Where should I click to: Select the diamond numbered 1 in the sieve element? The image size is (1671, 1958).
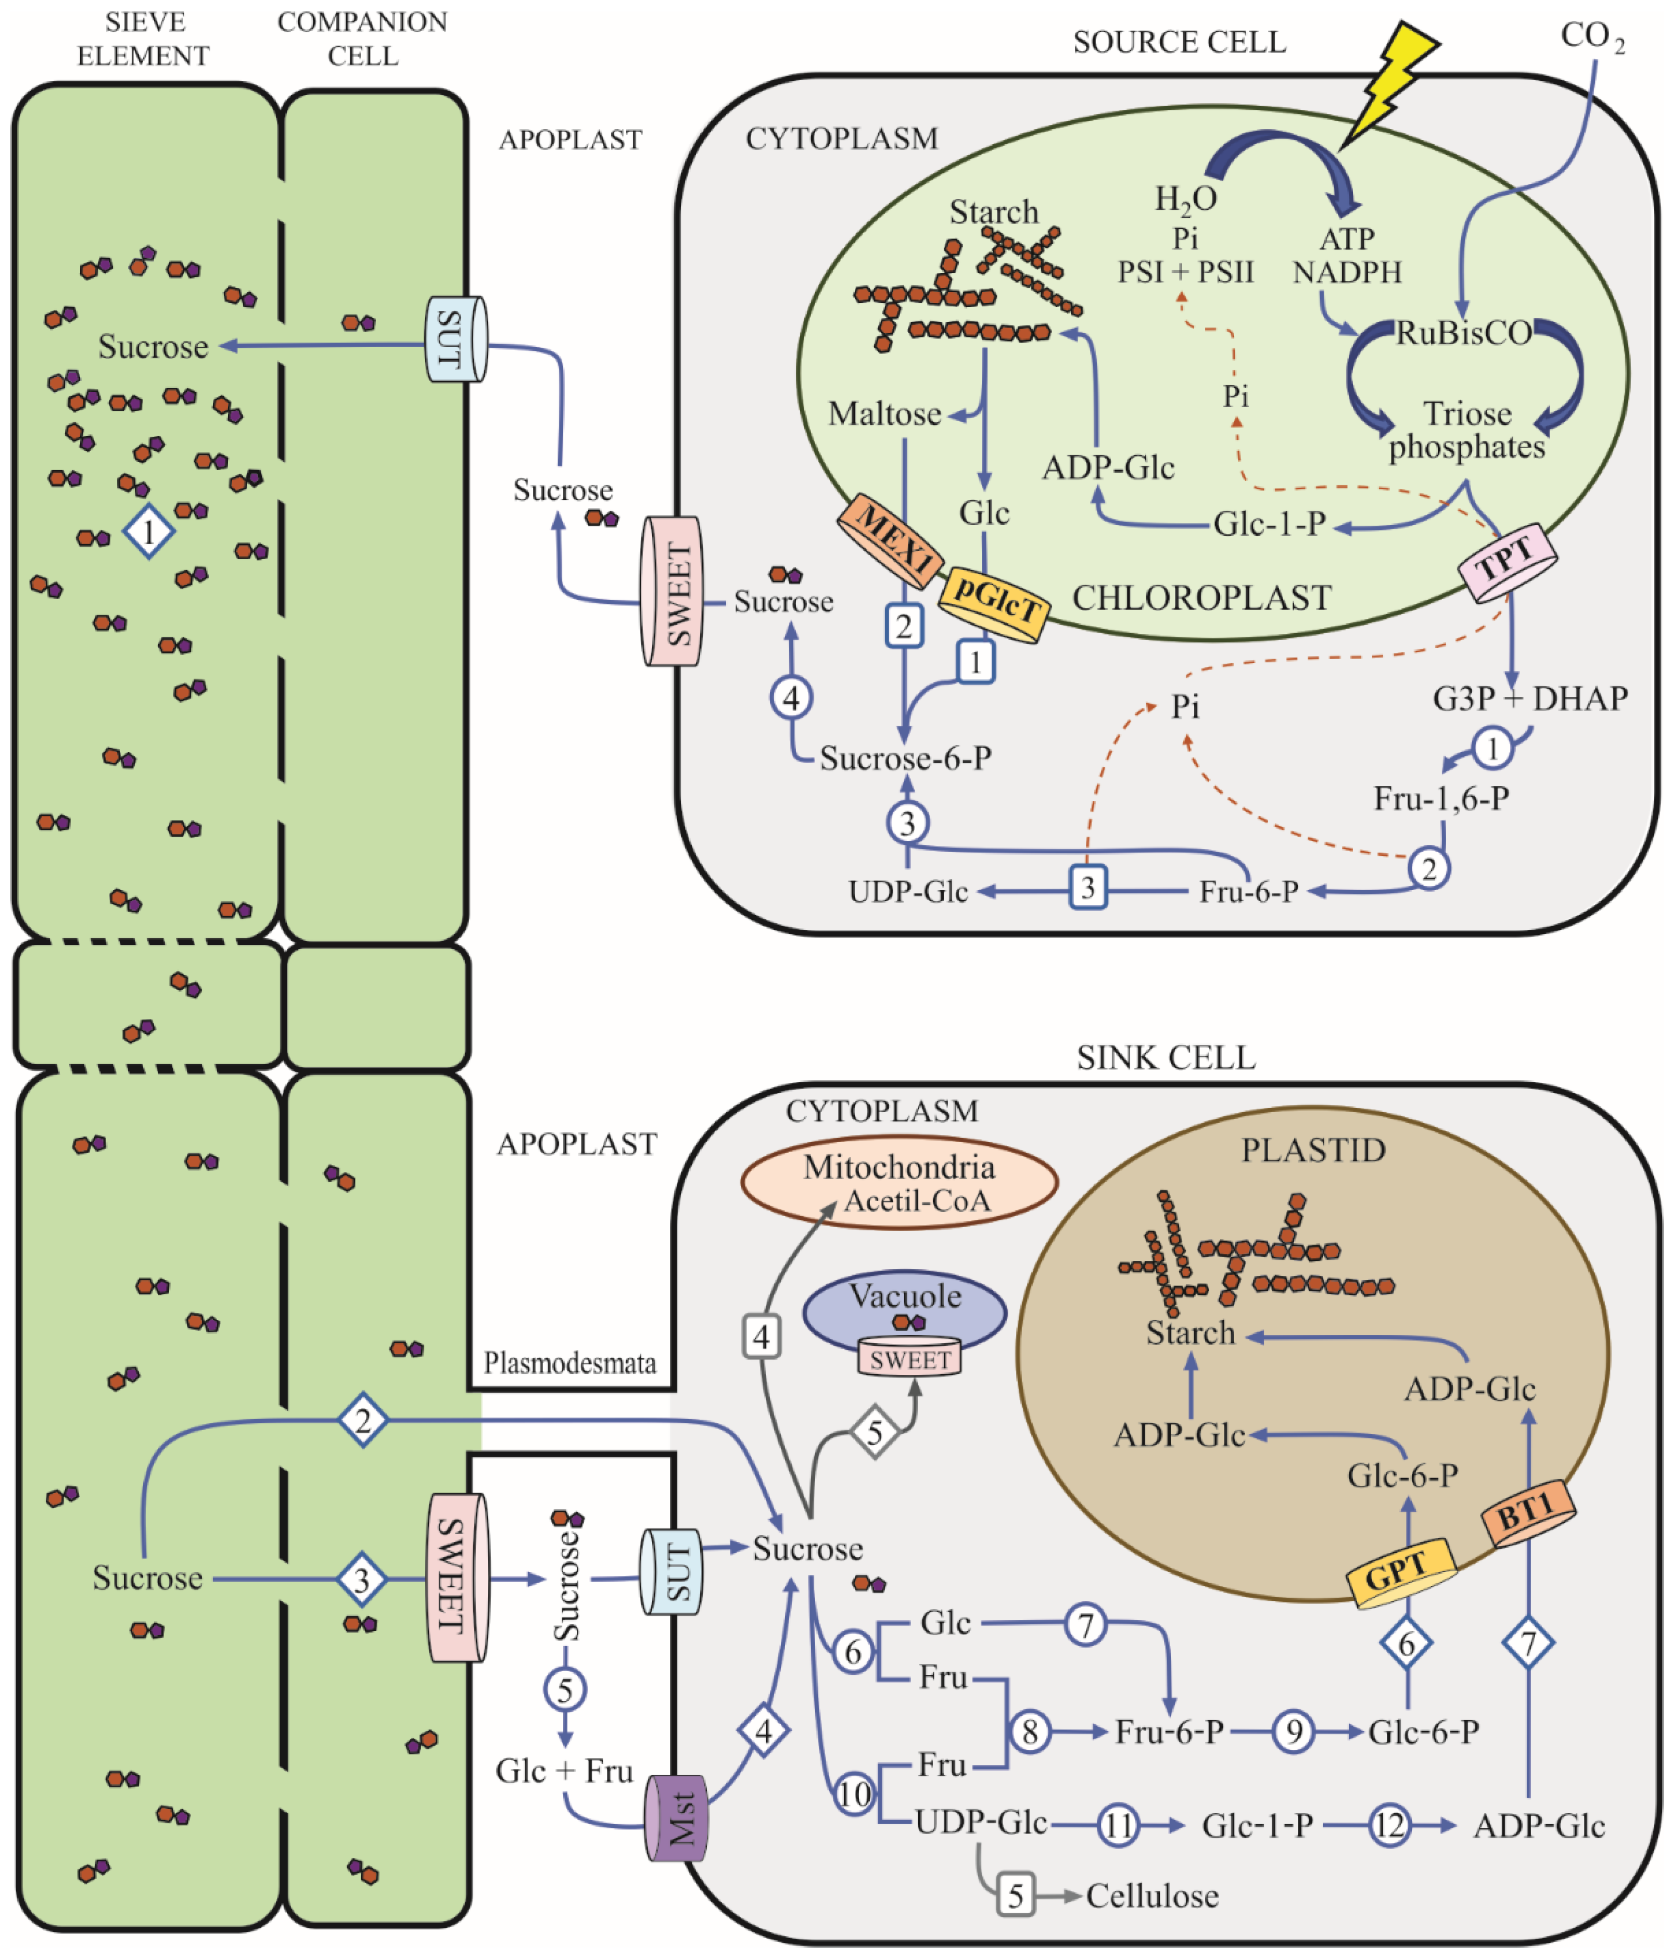pos(148,532)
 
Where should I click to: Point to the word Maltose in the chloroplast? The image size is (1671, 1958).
pos(884,414)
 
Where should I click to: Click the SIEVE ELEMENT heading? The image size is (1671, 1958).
pos(144,38)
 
